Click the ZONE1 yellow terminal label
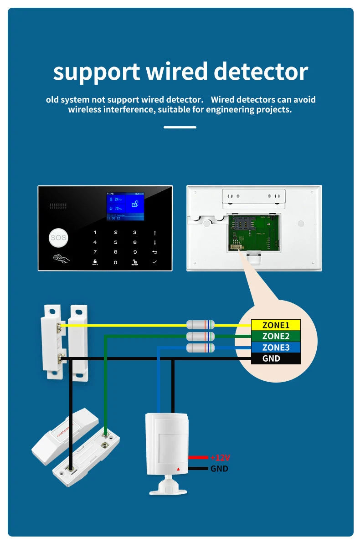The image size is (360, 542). click(276, 325)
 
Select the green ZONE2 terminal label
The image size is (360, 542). click(276, 336)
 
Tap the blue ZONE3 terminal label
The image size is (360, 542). click(276, 348)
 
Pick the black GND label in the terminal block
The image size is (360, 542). click(276, 358)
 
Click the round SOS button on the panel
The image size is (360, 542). click(58, 237)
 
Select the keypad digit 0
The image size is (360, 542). click(115, 262)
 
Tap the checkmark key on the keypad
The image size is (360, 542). click(154, 262)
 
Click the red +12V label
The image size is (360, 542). click(220, 457)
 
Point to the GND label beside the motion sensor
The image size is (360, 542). click(219, 468)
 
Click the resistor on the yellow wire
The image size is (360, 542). click(201, 325)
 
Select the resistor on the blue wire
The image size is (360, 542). click(201, 348)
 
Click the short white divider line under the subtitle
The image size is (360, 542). click(180, 127)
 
